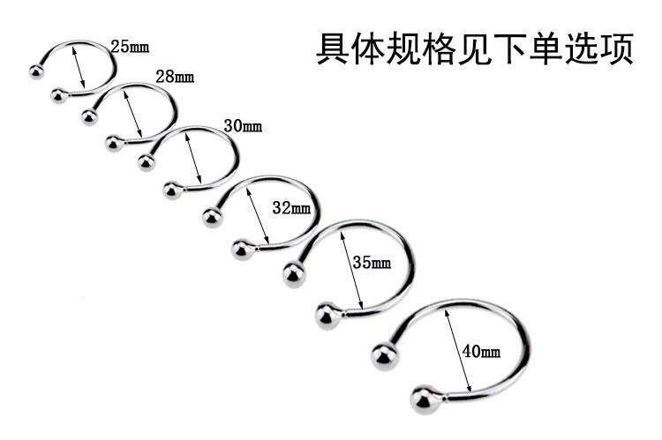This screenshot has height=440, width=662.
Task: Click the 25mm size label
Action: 129,45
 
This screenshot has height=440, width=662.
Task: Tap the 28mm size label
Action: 175,77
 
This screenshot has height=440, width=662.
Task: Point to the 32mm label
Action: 291,208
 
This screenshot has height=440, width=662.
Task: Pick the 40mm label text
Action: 481,352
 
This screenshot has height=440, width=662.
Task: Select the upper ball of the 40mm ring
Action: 385,354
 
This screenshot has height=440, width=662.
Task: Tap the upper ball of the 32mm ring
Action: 212,216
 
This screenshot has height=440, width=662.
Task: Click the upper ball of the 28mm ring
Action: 90,117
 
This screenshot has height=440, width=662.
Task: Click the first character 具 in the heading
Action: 332,49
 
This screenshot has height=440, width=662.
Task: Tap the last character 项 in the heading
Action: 617,49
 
